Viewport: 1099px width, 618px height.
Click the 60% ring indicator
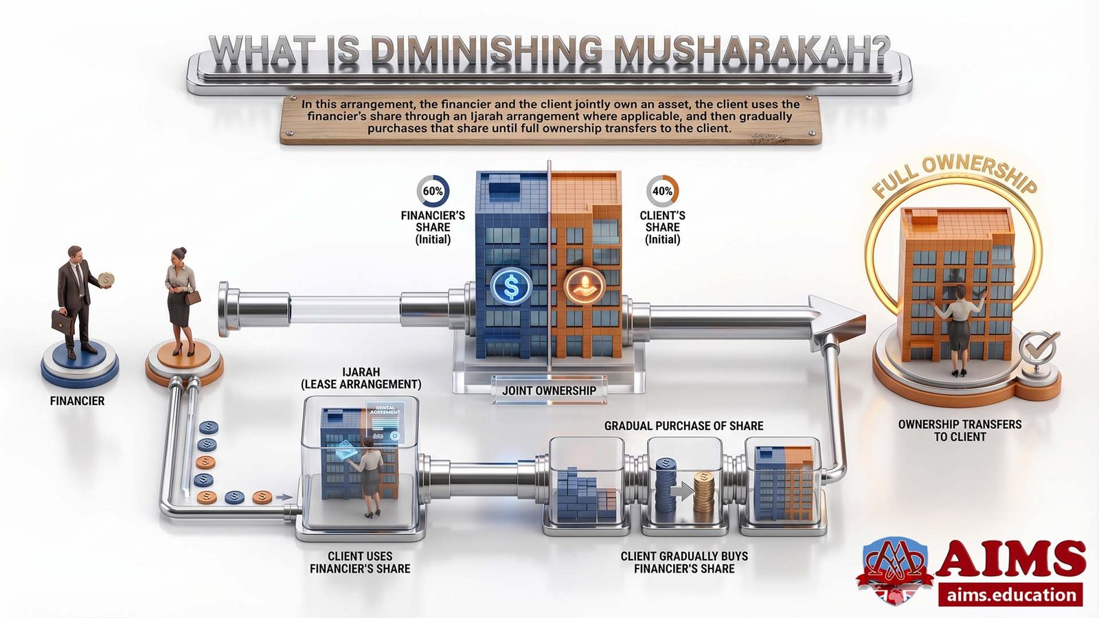pos(433,192)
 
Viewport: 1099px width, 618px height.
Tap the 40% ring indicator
pos(662,192)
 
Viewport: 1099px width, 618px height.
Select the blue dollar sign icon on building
pos(511,286)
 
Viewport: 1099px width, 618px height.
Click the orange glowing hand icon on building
pos(585,286)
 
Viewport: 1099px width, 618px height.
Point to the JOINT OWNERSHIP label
pos(549,391)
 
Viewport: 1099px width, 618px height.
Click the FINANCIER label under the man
pos(77,401)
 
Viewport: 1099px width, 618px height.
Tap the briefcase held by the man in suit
pos(63,322)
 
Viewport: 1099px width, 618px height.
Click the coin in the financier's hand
pos(106,279)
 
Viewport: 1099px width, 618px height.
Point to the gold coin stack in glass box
pos(704,496)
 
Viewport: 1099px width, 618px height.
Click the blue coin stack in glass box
pos(666,489)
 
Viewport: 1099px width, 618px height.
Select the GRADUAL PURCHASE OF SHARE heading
pos(683,426)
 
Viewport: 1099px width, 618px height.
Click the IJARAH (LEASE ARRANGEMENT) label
pos(361,378)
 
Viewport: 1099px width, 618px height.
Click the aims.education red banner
pos(1010,595)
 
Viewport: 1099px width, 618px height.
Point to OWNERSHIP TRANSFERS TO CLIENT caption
pos(960,431)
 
